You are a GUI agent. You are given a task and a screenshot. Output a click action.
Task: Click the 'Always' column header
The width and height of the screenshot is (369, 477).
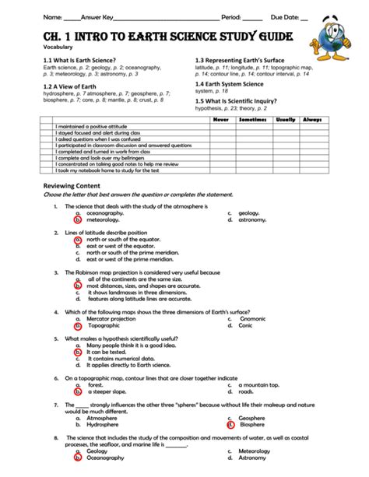(x=311, y=120)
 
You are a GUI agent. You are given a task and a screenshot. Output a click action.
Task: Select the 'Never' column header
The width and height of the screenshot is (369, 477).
(x=222, y=120)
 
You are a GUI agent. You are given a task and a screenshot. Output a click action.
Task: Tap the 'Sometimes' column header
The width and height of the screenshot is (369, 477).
(x=252, y=120)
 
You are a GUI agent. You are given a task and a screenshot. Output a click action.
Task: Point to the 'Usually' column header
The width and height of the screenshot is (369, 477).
(x=285, y=120)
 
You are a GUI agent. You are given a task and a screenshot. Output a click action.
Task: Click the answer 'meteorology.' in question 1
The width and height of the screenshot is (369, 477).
(x=104, y=219)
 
